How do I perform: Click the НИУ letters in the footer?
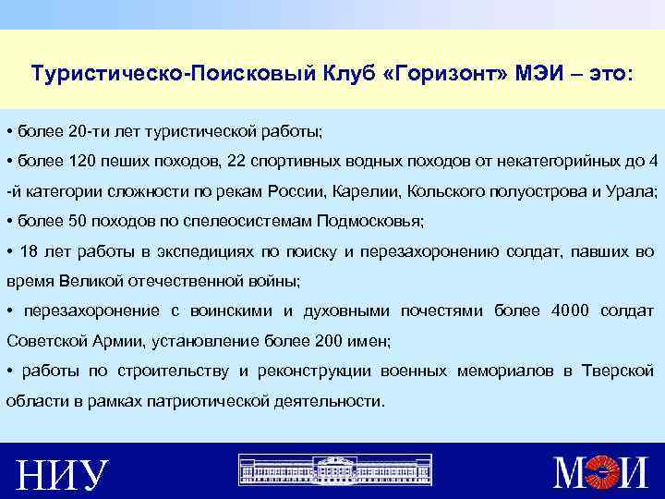tap(64, 476)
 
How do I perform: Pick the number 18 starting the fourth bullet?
tap(28, 250)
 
